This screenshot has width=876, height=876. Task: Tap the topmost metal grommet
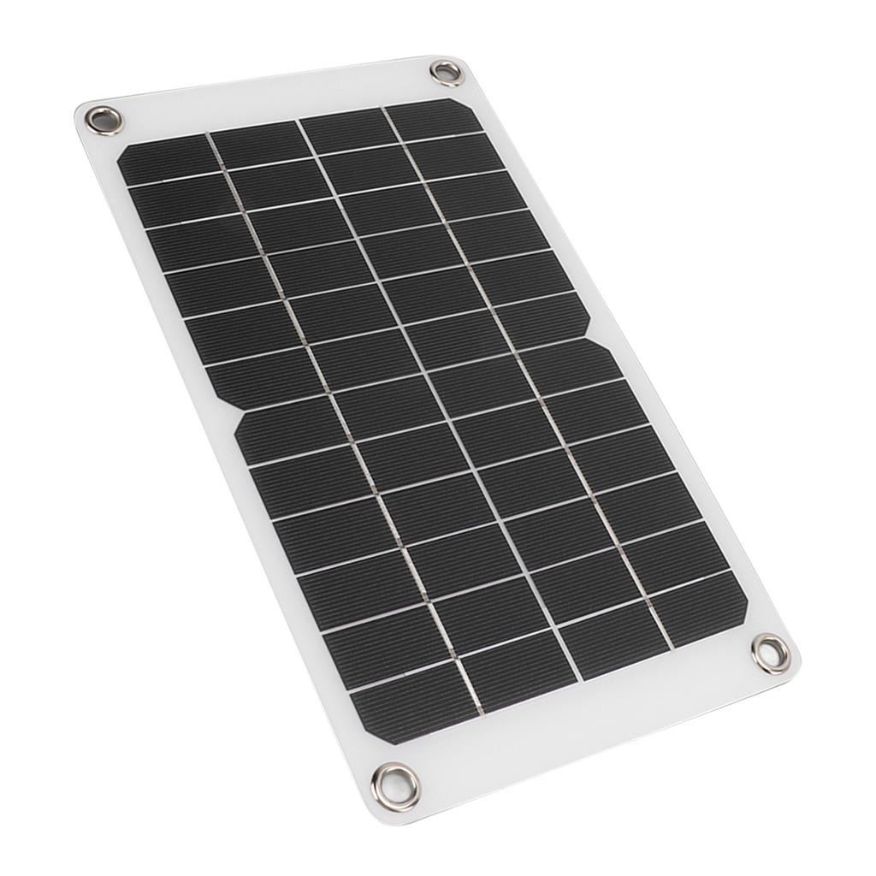coord(446,73)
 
